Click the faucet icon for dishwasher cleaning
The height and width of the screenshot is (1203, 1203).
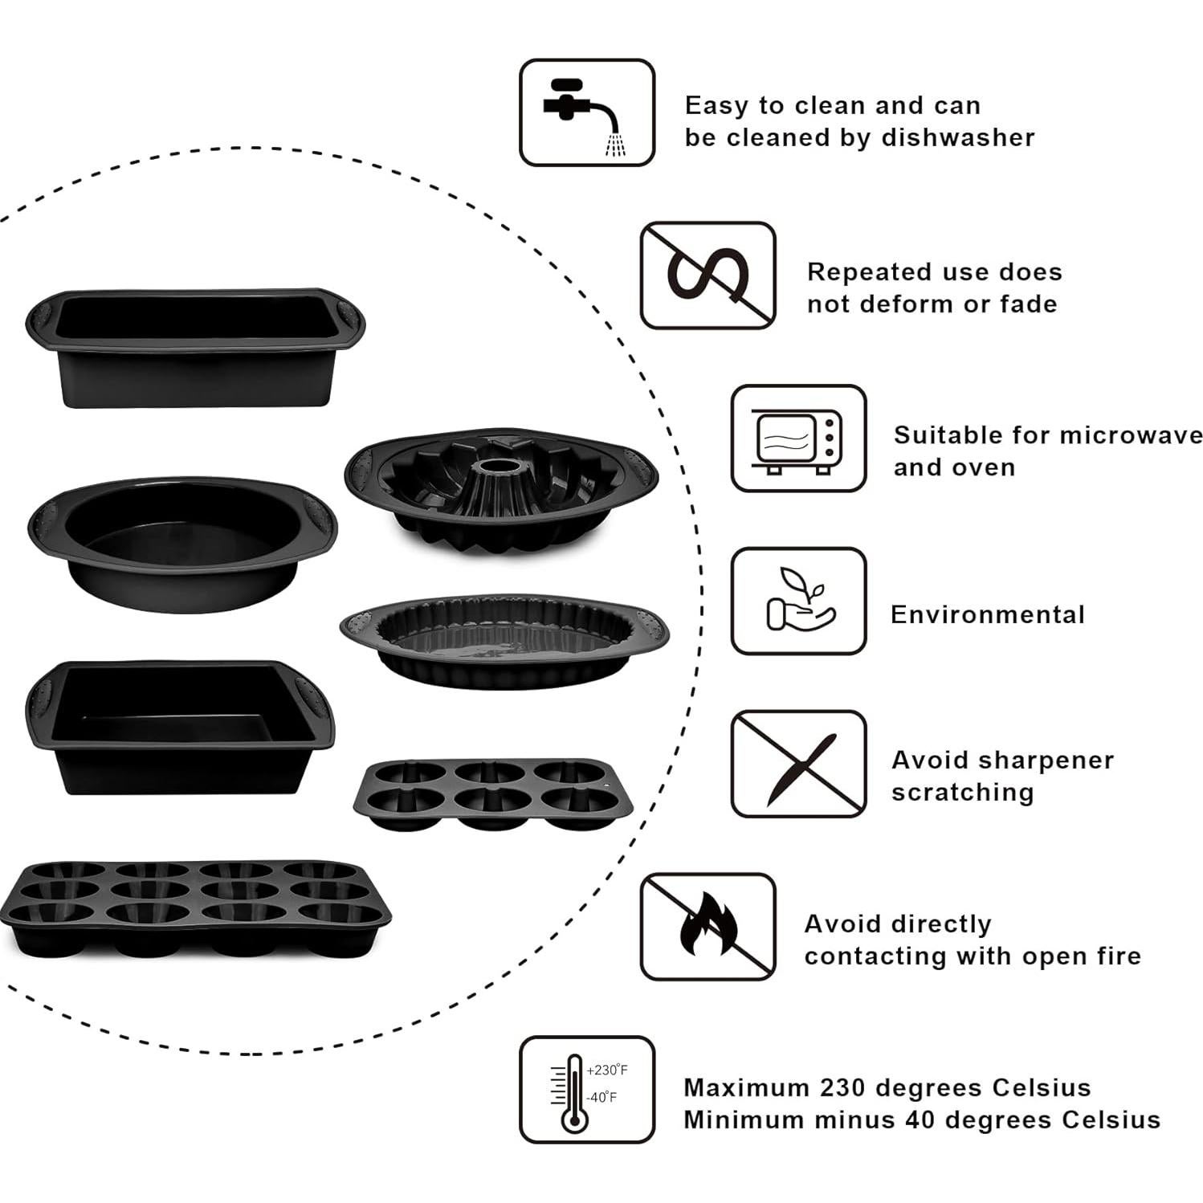pyautogui.click(x=586, y=112)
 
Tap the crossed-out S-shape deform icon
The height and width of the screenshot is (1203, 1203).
pyautogui.click(x=708, y=275)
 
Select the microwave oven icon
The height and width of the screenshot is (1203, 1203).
pyautogui.click(x=798, y=438)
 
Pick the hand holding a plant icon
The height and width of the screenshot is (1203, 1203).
pyautogui.click(x=798, y=601)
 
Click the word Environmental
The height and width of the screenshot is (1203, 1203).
pyautogui.click(x=987, y=614)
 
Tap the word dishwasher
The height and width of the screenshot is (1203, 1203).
pyautogui.click(x=958, y=137)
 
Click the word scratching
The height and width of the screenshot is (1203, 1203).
pyautogui.click(x=962, y=793)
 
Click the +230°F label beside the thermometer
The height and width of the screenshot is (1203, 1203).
pyautogui.click(x=607, y=1070)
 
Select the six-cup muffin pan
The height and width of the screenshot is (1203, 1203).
pyautogui.click(x=492, y=793)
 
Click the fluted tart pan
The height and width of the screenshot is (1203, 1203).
pyautogui.click(x=504, y=641)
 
